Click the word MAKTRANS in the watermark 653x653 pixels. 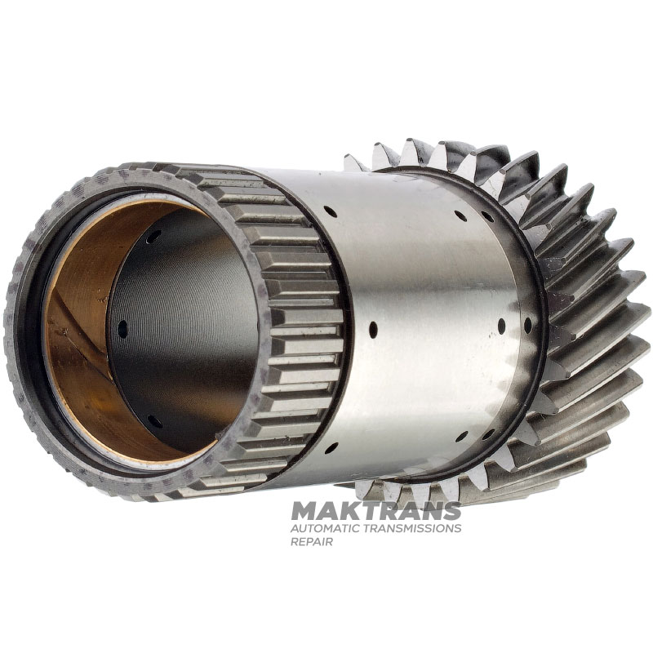375,511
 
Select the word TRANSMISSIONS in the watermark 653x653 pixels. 412,528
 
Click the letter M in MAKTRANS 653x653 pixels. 303,511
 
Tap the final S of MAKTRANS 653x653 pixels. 451,511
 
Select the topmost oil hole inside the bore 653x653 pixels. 153,236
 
